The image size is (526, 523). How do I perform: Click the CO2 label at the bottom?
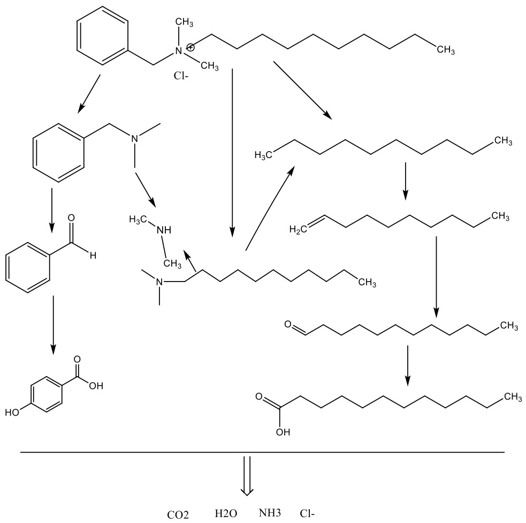click(178, 514)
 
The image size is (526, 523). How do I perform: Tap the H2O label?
click(226, 513)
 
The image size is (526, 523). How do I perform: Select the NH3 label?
click(270, 513)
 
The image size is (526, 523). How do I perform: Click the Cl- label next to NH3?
click(307, 513)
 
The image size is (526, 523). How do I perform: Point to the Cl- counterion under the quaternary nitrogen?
click(181, 76)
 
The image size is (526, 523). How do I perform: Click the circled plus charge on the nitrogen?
click(190, 47)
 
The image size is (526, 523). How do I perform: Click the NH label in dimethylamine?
click(164, 230)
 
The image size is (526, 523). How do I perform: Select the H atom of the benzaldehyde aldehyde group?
click(93, 256)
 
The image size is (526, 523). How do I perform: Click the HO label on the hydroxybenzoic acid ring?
click(12, 412)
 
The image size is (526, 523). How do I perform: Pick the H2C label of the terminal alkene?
click(298, 229)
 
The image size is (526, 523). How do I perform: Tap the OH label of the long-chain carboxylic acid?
click(283, 432)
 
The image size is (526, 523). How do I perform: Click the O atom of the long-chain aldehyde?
click(288, 324)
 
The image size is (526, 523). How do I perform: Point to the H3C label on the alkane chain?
click(263, 155)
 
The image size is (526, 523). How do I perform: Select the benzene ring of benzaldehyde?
click(28, 268)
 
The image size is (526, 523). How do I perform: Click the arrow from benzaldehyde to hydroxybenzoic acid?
click(52, 325)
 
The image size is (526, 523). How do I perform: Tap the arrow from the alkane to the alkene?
click(406, 181)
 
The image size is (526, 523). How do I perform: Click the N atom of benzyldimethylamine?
click(134, 138)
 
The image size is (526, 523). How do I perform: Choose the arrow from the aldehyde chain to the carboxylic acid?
click(408, 365)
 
